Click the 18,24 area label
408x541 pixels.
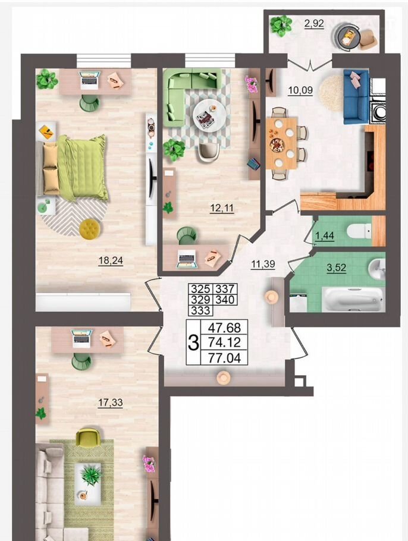click(111, 260)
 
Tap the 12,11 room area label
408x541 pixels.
click(222, 208)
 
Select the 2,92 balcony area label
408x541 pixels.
click(314, 23)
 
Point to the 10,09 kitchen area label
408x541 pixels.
click(300, 90)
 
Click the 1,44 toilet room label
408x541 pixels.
click(325, 235)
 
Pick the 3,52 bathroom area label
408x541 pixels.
click(337, 268)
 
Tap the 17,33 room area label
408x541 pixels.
click(110, 402)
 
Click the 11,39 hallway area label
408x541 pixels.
click(263, 265)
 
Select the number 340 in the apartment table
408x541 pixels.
click(225, 300)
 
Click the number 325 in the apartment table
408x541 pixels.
click(200, 288)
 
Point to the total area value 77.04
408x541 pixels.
click(224, 358)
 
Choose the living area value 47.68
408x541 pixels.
click(224, 327)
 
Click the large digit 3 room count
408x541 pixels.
click(193, 342)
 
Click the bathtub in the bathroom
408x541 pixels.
click(351, 300)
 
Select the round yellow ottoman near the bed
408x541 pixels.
click(90, 229)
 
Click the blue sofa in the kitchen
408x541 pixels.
click(356, 96)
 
